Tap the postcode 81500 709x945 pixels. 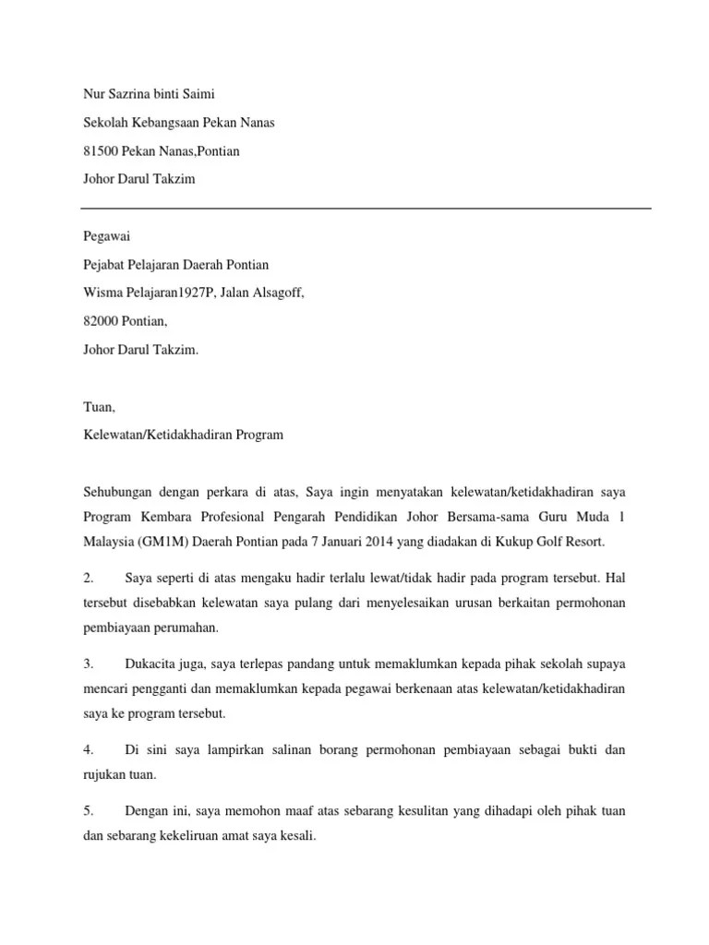99,150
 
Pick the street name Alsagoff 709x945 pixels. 272,293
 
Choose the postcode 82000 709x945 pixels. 99,322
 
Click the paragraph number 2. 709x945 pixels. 88,579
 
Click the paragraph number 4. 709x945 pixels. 88,750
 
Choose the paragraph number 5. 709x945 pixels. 88,811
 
